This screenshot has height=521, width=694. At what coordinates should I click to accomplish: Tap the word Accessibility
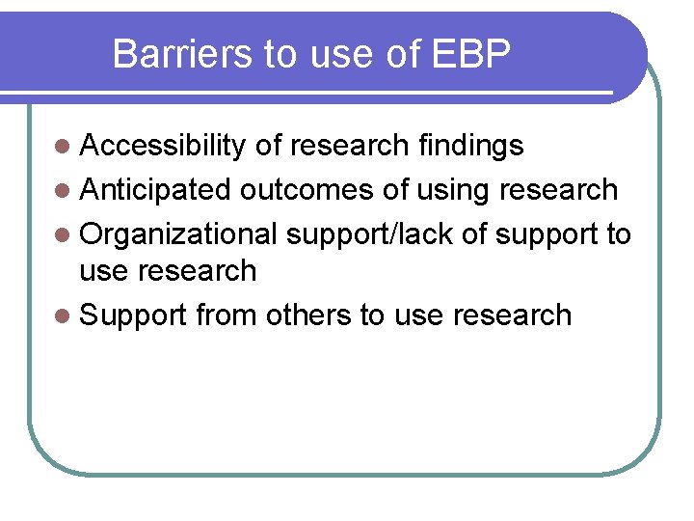point(163,146)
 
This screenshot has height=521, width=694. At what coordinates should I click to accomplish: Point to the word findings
point(471,146)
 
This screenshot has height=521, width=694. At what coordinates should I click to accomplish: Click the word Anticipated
point(155,190)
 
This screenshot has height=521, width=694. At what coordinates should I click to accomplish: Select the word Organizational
point(179,234)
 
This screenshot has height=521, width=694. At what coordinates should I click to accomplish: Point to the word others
point(307,315)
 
